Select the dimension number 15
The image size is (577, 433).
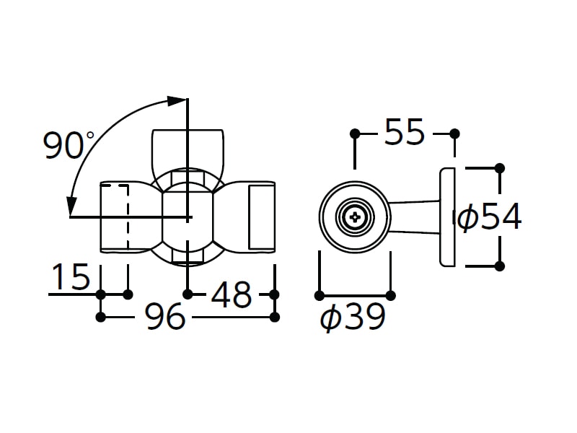71,276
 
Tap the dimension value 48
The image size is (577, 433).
231,294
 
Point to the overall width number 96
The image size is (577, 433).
164,316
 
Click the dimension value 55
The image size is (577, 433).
405,132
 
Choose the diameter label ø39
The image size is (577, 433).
353,317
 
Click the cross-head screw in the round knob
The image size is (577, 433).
355,217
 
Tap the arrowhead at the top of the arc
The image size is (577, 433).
177,100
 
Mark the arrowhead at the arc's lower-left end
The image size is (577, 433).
71,206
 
